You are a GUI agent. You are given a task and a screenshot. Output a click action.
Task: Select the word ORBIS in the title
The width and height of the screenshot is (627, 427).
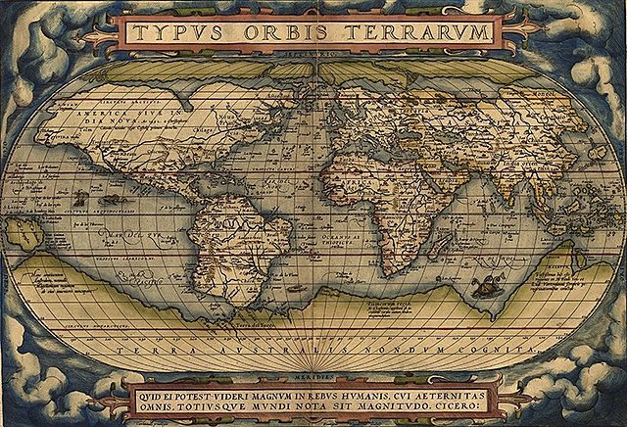click(292, 33)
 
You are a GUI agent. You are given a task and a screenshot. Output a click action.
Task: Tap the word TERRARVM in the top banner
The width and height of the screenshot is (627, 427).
click(418, 33)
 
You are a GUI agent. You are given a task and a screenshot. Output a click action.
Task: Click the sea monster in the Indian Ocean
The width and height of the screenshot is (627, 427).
click(483, 287)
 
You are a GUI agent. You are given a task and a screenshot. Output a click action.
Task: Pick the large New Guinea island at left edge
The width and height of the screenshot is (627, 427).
click(23, 232)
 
